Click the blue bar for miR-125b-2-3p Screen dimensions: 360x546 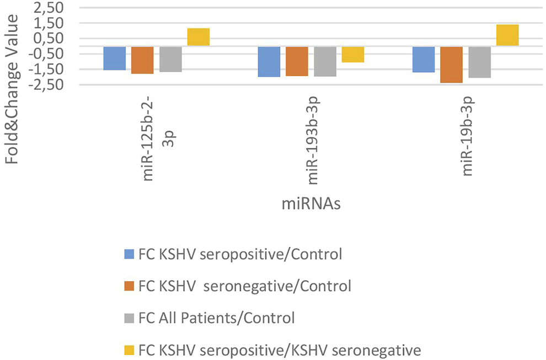tap(115, 58)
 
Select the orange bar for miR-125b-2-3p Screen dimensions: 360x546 tap(142, 60)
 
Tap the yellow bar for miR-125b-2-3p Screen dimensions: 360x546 tap(198, 37)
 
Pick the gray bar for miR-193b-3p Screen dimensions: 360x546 tap(325, 61)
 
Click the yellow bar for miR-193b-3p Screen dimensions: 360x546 tap(352, 54)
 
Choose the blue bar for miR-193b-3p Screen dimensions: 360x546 tap(270, 61)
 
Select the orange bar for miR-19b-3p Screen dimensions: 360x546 tap(451, 65)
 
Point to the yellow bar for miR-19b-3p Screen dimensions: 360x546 tap(507, 35)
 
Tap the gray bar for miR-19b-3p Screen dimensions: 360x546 tap(479, 62)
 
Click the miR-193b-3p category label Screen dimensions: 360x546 tap(313, 135)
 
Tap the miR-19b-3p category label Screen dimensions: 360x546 tap(468, 135)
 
